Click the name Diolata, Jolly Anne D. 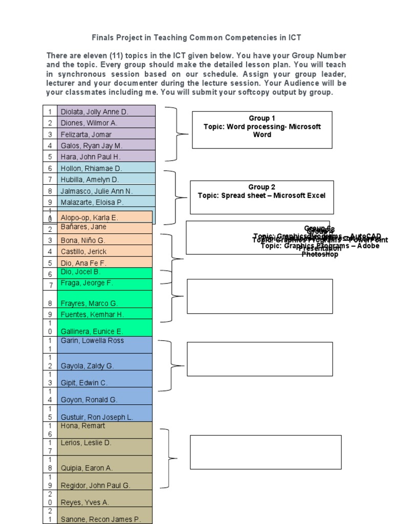(x=94, y=112)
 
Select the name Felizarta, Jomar (x=86, y=134)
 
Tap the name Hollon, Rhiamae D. (x=91, y=168)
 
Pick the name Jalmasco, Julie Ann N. (x=96, y=191)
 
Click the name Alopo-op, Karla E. (x=89, y=217)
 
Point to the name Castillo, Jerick (x=84, y=252)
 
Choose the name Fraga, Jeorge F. (x=86, y=283)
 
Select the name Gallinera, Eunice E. (x=92, y=332)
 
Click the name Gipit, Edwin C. (x=84, y=383)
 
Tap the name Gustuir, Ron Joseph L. (x=97, y=417)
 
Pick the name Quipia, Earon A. (x=86, y=468)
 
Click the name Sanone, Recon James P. (x=100, y=519)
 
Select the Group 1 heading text (x=262, y=118)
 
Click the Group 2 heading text (x=261, y=187)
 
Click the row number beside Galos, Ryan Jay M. (x=50, y=145)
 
